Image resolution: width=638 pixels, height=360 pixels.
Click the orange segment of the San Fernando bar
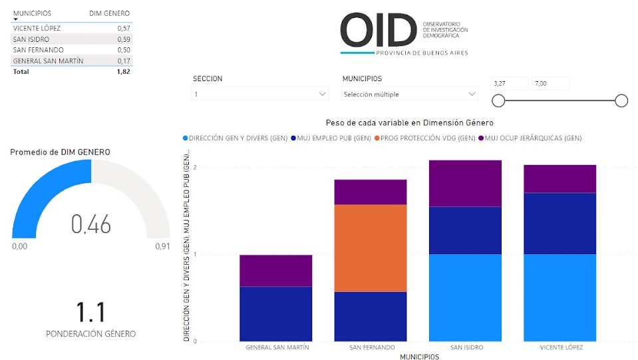pyautogui.click(x=370, y=248)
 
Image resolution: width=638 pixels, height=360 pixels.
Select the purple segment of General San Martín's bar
pyautogui.click(x=275, y=270)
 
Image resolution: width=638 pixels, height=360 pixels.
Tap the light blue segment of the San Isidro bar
pyautogui.click(x=465, y=297)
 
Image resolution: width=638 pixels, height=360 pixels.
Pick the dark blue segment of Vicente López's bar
pyautogui.click(x=559, y=223)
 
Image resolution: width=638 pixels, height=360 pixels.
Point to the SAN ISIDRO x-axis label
pyautogui.click(x=466, y=347)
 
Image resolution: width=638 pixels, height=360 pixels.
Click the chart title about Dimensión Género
pyautogui.click(x=410, y=122)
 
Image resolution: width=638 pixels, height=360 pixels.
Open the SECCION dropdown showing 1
pyautogui.click(x=260, y=94)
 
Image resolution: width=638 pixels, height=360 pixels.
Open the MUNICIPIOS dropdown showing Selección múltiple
pyautogui.click(x=410, y=94)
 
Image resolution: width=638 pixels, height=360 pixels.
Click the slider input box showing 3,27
pyautogui.click(x=509, y=83)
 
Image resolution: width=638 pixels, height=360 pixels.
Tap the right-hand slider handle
pyautogui.click(x=621, y=100)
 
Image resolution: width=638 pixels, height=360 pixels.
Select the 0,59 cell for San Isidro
pyautogui.click(x=123, y=39)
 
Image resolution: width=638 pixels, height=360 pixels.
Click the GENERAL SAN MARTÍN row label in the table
pyautogui.click(x=48, y=61)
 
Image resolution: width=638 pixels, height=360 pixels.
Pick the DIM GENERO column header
pyautogui.click(x=109, y=13)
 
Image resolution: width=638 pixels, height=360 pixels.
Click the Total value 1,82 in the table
pyautogui.click(x=123, y=71)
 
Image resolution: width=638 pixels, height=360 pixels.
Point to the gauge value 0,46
pyautogui.click(x=91, y=225)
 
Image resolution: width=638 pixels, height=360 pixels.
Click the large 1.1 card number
pyautogui.click(x=90, y=311)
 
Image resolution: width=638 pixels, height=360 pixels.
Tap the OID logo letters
pyautogui.click(x=377, y=30)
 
